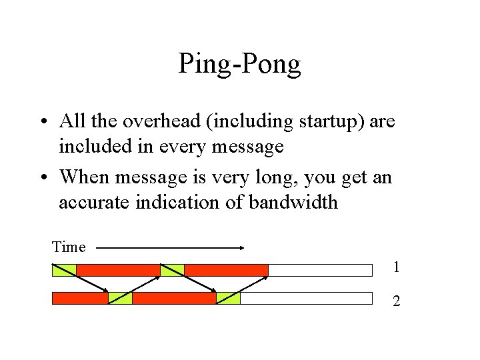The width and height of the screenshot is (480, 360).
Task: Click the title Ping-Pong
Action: [x=239, y=65]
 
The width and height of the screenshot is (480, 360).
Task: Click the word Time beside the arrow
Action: [x=69, y=247]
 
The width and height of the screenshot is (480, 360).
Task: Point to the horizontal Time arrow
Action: [x=170, y=247]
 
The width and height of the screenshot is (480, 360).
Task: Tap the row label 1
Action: [x=396, y=268]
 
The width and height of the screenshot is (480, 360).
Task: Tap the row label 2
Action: [x=396, y=301]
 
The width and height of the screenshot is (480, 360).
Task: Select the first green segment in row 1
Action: [x=64, y=270]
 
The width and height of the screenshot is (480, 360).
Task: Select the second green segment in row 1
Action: [x=172, y=270]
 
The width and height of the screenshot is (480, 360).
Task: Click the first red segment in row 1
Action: [x=118, y=270]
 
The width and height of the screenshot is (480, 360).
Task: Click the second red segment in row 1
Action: [x=226, y=270]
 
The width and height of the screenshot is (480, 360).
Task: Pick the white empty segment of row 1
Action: [x=320, y=270]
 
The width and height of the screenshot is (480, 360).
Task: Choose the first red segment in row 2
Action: [x=80, y=298]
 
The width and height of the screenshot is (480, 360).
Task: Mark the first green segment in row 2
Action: [x=121, y=298]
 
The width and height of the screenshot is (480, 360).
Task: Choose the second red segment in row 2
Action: [x=174, y=298]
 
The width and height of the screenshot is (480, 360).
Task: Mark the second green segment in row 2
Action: [x=228, y=298]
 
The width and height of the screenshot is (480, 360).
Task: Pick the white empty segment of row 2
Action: [x=306, y=298]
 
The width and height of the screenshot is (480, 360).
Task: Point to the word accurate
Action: [x=93, y=201]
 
